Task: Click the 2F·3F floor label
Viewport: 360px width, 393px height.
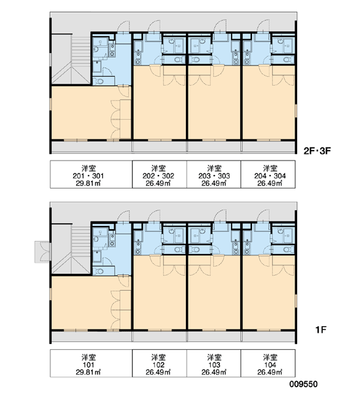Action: pos(317,151)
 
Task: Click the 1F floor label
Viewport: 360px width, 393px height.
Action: pos(321,330)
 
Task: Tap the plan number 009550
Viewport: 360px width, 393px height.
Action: pos(304,384)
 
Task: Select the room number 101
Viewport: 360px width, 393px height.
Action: pos(88,365)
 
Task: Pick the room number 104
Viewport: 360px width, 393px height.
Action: pos(270,365)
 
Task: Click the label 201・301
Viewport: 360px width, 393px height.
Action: pos(88,176)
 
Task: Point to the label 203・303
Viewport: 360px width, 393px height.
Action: pos(214,176)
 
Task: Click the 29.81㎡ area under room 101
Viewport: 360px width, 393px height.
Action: pos(88,372)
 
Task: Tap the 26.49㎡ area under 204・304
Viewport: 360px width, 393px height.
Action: pos(270,183)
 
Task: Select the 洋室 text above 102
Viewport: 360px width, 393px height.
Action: pos(158,358)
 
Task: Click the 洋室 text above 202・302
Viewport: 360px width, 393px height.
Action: pos(158,168)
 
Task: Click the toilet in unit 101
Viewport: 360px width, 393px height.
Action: pos(99,271)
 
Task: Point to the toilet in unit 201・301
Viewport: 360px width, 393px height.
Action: pos(99,82)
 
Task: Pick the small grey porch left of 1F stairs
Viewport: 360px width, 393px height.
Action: pos(43,252)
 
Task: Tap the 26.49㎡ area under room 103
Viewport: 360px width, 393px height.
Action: pos(214,372)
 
